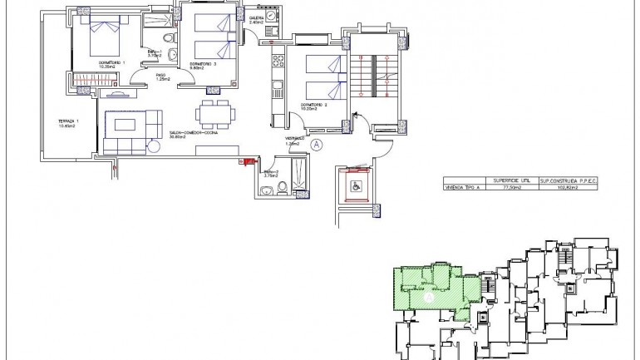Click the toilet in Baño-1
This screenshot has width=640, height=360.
click(169, 38)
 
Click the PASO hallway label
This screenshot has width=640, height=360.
click(162, 77)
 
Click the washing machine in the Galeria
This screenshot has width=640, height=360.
click(270, 32)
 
